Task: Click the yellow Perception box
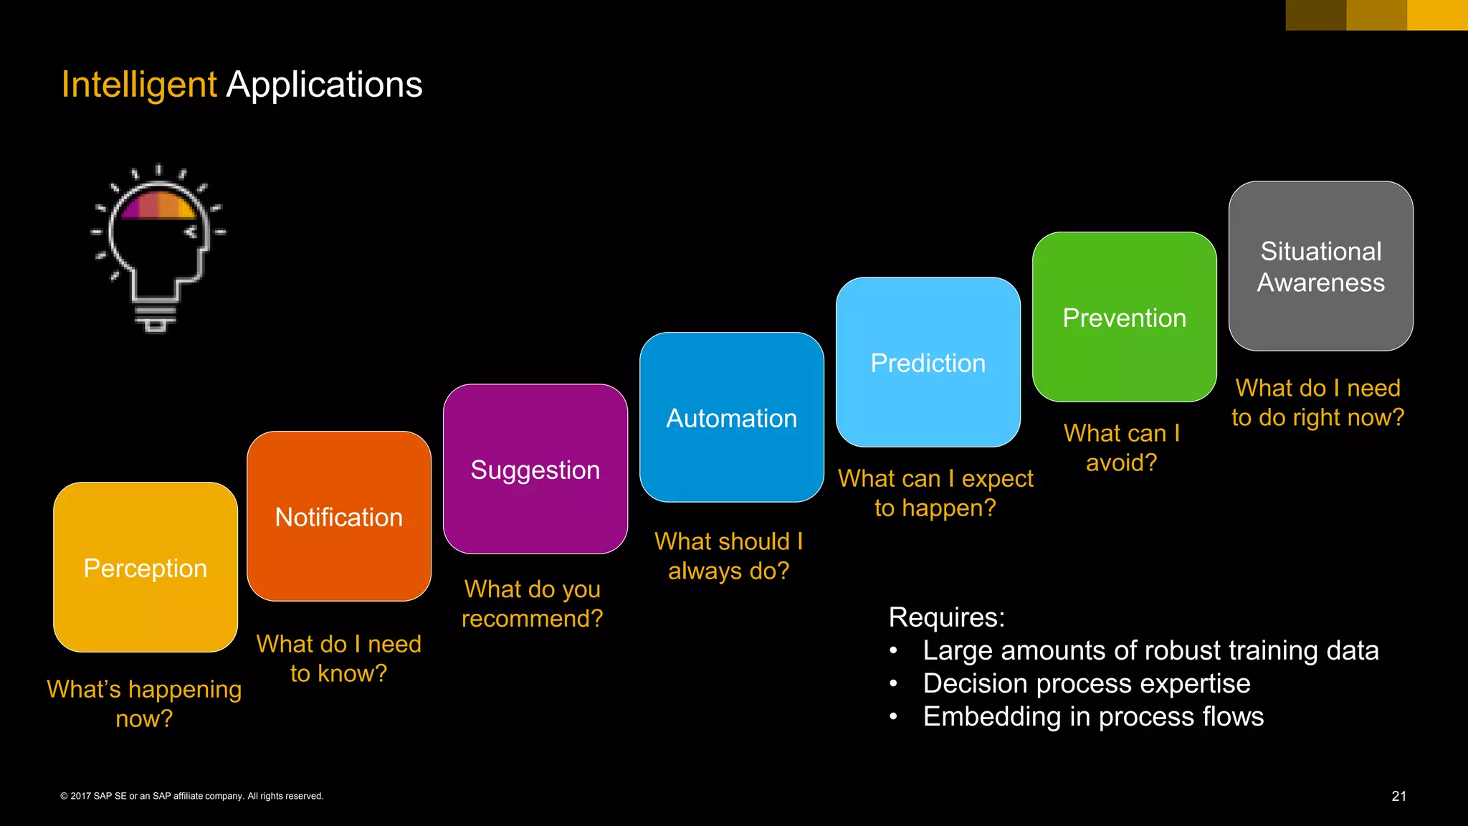146,567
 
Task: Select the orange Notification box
339,516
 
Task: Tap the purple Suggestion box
535,469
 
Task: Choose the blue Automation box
731,417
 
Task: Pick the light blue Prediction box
928,362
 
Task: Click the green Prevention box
1124,317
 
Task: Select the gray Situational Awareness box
1320,266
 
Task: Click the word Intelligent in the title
138,85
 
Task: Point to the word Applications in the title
324,85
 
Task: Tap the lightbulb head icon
158,247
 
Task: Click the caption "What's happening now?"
144,703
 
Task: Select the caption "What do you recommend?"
532,603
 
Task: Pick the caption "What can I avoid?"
1121,447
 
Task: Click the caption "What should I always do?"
728,556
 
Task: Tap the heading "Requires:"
946,617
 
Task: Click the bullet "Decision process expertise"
1086,683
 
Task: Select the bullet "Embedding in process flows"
1092,716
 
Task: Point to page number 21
1398,796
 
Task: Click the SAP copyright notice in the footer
192,796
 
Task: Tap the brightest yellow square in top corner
1437,15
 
